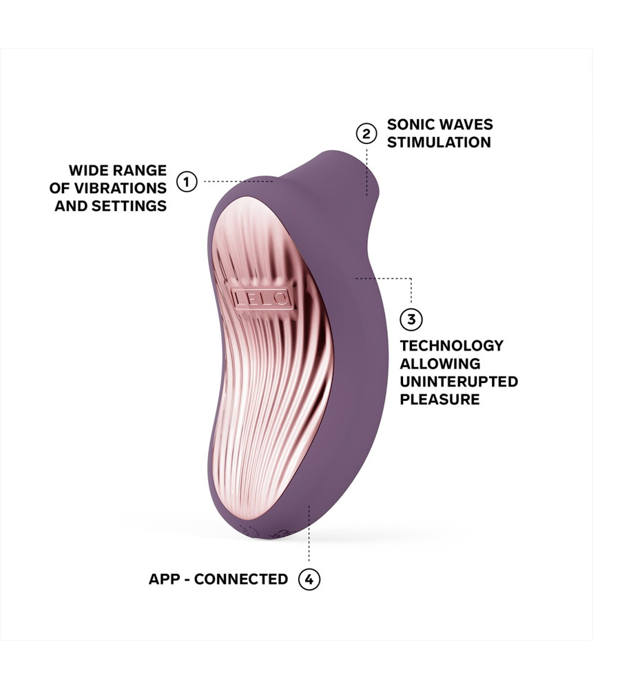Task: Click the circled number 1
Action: (x=187, y=182)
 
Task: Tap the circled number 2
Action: (x=366, y=134)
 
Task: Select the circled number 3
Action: (x=411, y=320)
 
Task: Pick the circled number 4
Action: (x=309, y=579)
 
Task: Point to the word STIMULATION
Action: (x=439, y=143)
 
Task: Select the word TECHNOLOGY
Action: (x=451, y=346)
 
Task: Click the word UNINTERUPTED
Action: (x=459, y=382)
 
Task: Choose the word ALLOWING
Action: (x=440, y=364)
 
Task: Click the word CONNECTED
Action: (x=241, y=579)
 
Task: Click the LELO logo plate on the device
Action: (x=260, y=298)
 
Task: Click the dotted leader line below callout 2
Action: (x=366, y=169)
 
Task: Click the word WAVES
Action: (x=468, y=125)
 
